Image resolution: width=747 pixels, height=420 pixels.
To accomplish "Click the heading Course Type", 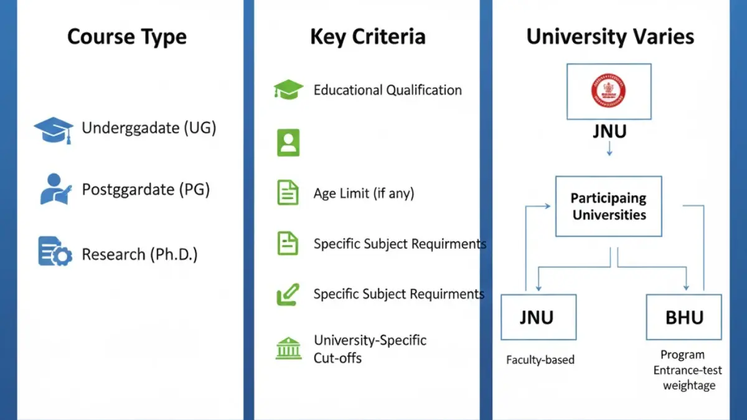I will point(126,37).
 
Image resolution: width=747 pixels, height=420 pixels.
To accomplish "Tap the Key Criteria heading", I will point(367,37).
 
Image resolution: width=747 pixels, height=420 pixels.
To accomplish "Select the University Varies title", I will point(610,37).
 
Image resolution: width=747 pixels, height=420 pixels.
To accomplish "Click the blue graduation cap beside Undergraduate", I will point(54,129).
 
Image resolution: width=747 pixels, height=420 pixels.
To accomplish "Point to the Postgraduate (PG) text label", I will point(146,189).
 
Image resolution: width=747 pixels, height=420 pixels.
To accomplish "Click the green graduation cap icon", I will point(288,90).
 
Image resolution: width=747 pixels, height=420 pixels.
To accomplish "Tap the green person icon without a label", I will point(288,142).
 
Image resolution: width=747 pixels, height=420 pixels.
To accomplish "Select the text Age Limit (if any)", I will point(364,193).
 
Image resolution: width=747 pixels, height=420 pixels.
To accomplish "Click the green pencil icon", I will point(288,294).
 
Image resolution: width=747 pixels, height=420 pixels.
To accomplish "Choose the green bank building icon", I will point(288,348).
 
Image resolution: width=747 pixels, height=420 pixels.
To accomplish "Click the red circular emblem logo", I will point(608,91).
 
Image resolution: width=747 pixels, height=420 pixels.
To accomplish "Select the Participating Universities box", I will point(608,207).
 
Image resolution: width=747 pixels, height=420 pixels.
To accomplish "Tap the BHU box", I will point(684,317).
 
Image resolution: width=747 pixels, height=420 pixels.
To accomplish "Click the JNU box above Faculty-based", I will point(538,317).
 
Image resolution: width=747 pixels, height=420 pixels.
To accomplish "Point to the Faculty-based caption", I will point(540,360).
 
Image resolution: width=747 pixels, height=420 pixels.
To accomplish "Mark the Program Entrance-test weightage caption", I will point(684,370).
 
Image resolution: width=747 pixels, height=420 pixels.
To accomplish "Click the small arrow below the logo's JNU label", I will point(609,149).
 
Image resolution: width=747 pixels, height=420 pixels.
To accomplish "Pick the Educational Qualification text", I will point(387,90).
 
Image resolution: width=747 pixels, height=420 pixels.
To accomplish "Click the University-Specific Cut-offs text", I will point(370,348).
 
